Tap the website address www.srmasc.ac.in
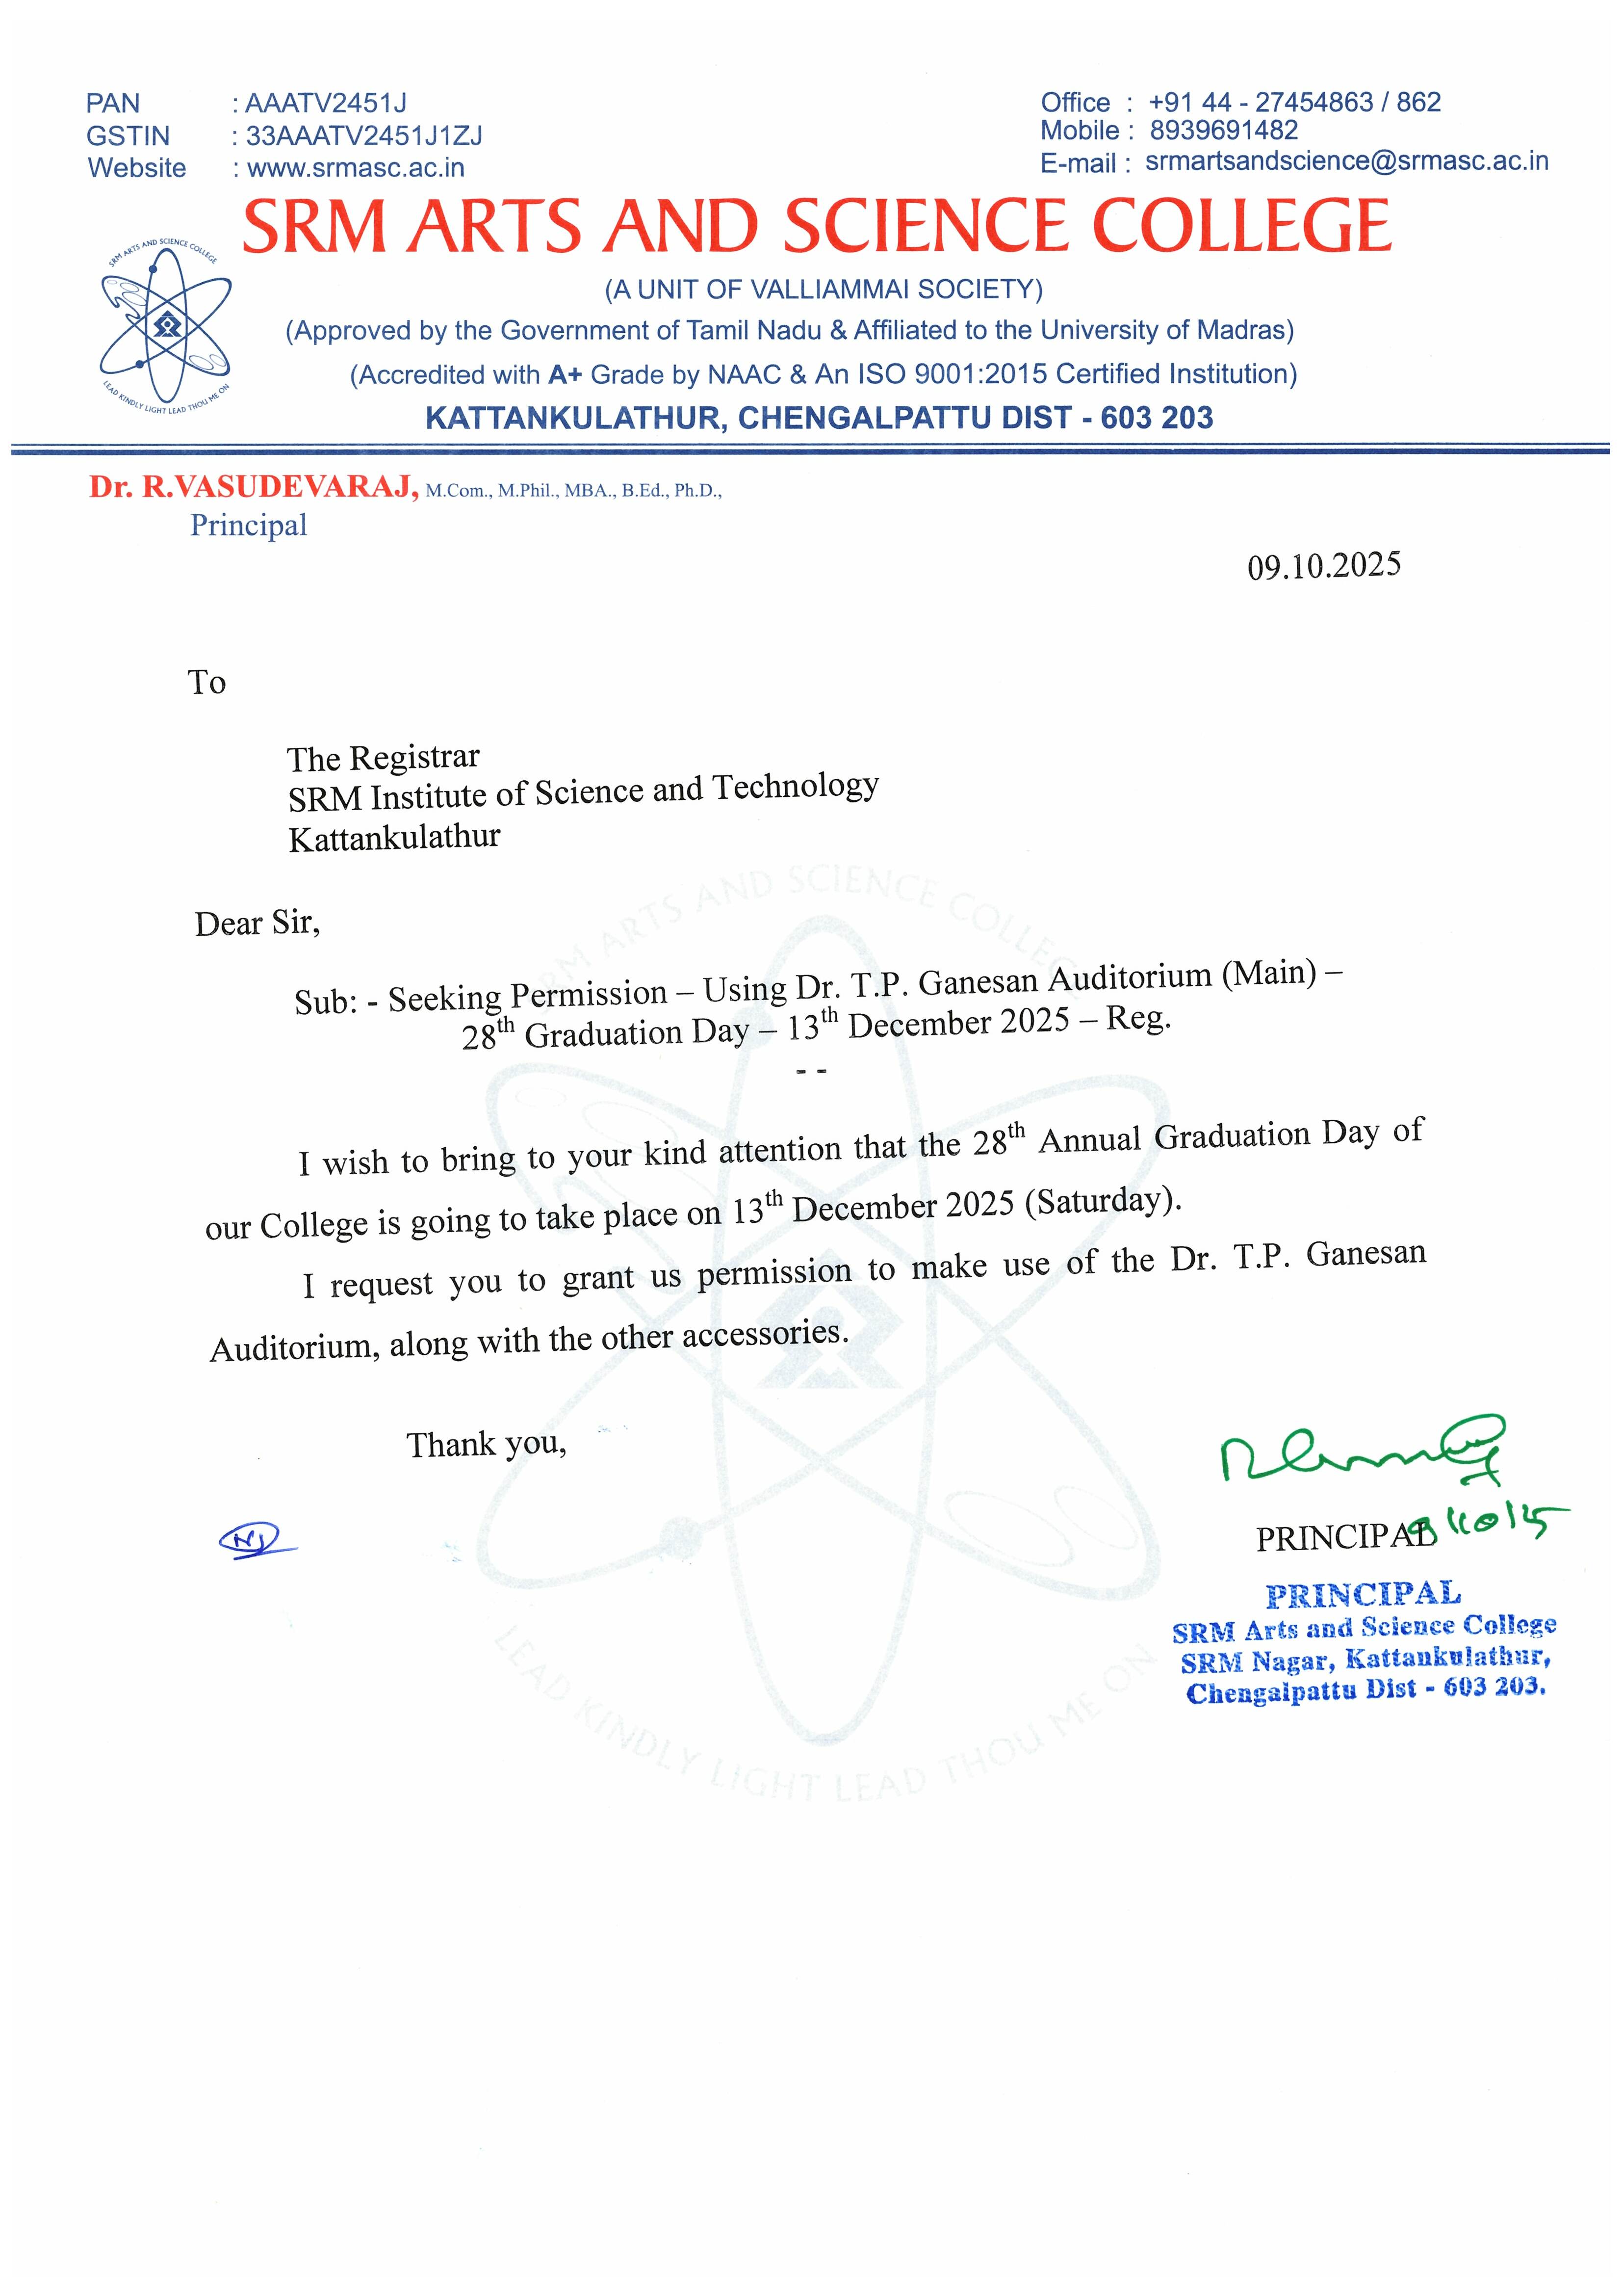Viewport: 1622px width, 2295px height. [x=355, y=168]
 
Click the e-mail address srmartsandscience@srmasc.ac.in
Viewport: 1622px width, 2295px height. [x=1346, y=161]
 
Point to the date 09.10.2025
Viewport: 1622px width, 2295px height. [x=1323, y=566]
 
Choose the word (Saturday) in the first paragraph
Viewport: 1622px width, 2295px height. [x=1103, y=1200]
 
